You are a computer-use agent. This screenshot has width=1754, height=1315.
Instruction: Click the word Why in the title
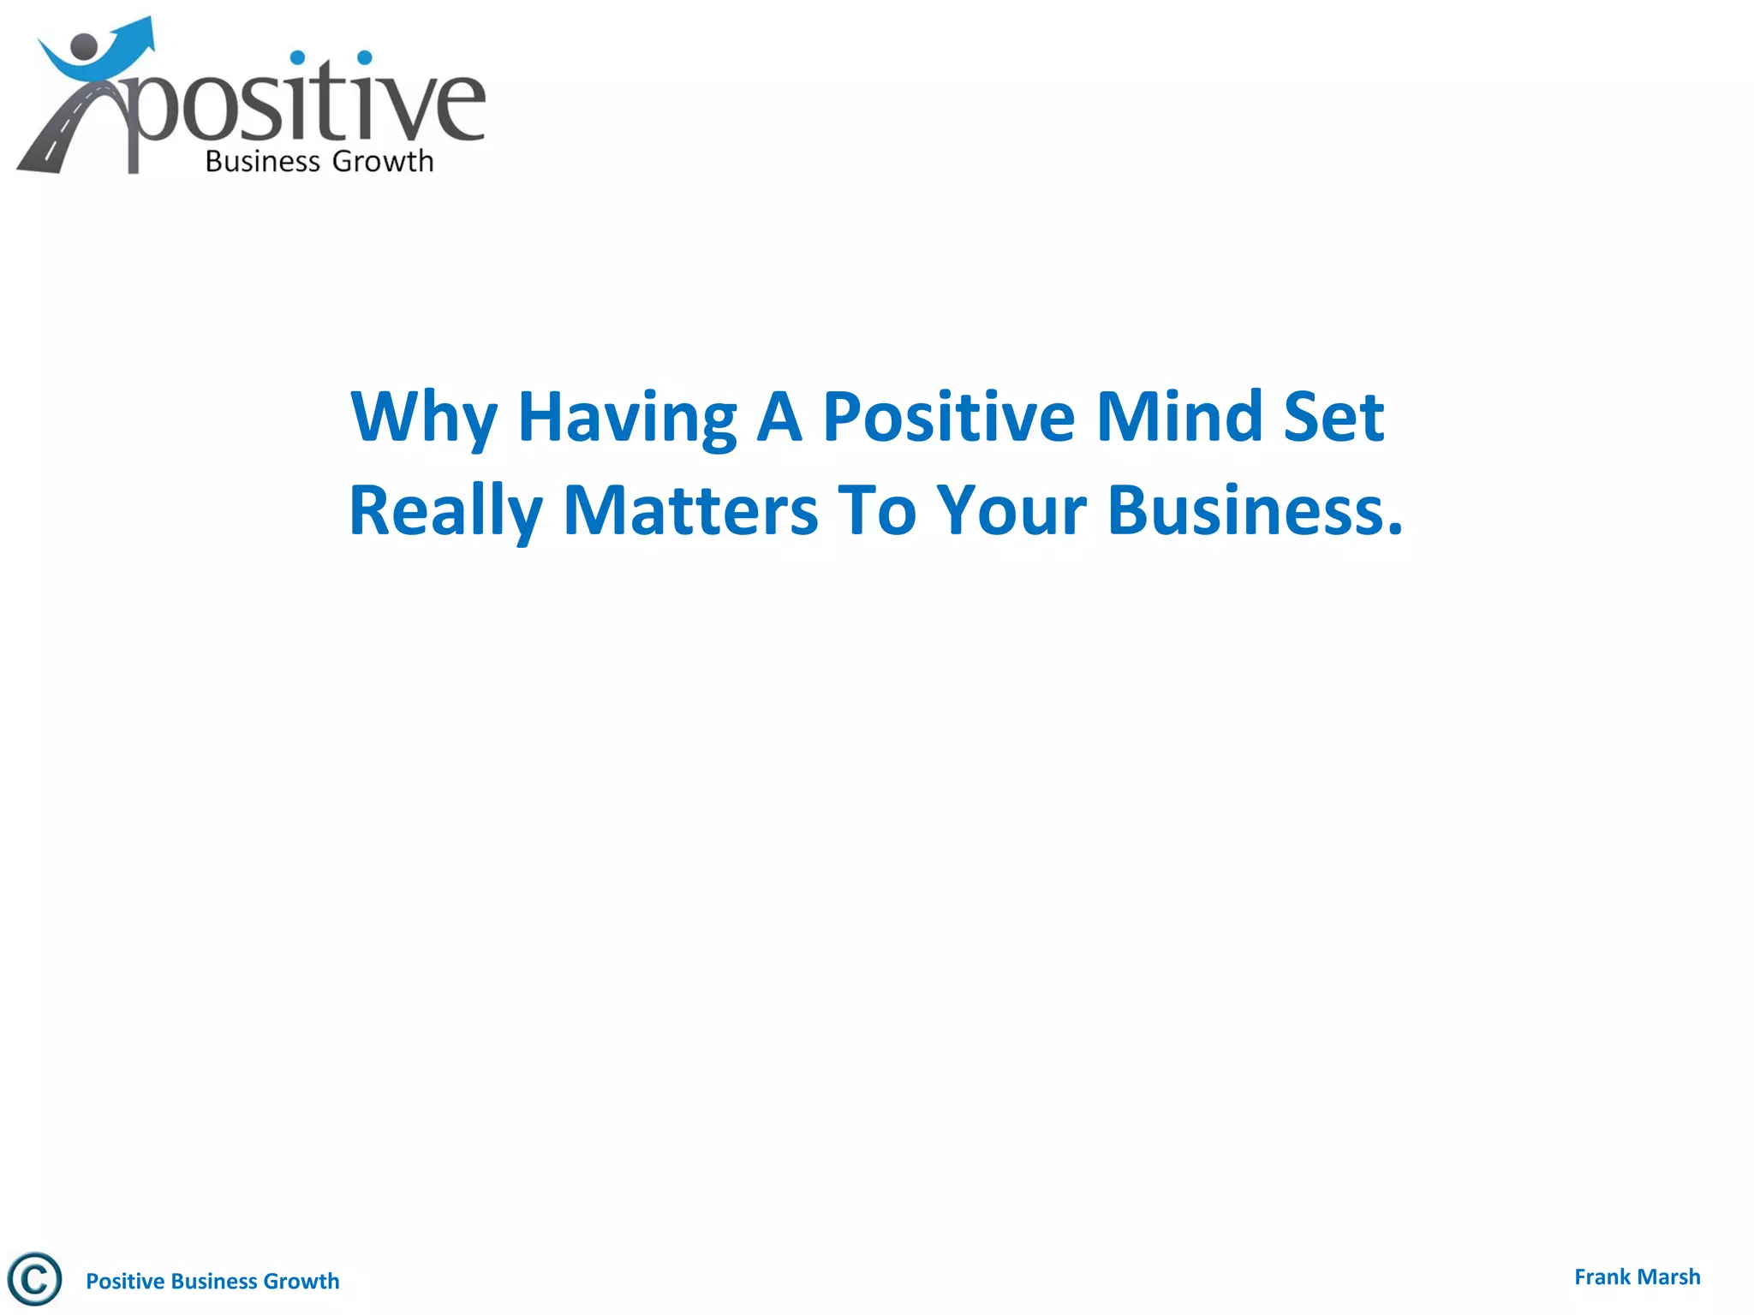[x=423, y=417]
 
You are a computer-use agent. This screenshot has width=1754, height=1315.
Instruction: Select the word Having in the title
[x=627, y=417]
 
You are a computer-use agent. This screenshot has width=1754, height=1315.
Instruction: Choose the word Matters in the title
[x=690, y=511]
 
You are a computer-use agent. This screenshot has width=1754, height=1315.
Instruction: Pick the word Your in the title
[x=1011, y=511]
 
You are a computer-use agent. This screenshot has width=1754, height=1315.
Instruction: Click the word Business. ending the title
[x=1255, y=511]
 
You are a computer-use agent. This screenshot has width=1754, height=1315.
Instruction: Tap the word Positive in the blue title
[x=948, y=417]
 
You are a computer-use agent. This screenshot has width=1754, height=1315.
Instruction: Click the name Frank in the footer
[x=1602, y=1277]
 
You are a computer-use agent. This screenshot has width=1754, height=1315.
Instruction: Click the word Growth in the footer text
[x=301, y=1281]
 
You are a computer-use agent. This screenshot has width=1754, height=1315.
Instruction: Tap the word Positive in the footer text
[x=125, y=1281]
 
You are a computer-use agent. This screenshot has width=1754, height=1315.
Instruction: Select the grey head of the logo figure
[x=85, y=48]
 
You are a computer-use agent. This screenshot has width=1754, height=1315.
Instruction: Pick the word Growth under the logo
[x=382, y=162]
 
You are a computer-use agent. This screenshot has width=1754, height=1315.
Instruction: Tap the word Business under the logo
[x=262, y=162]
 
